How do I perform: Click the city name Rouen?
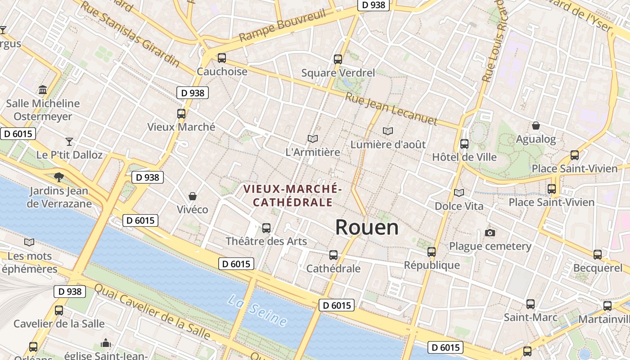click(x=367, y=227)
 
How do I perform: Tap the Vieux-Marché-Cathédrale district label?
click(x=293, y=195)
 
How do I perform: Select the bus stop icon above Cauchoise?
click(x=221, y=58)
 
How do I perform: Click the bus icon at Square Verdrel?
click(x=338, y=59)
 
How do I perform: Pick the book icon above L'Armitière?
click(x=313, y=139)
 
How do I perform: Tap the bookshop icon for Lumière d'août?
click(x=388, y=131)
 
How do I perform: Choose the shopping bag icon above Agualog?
click(x=536, y=126)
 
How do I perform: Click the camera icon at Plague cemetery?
click(x=490, y=233)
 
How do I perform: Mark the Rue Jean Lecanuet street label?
click(x=391, y=108)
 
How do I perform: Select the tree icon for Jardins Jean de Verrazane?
click(x=58, y=177)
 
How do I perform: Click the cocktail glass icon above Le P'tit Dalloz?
click(x=69, y=142)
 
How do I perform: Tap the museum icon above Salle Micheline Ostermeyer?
click(x=43, y=90)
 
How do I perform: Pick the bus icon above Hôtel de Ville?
click(x=464, y=144)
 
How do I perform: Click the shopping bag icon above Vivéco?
click(x=193, y=196)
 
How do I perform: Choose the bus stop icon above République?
click(x=432, y=252)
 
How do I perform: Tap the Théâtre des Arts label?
click(x=266, y=241)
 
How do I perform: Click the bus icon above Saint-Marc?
click(x=531, y=304)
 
